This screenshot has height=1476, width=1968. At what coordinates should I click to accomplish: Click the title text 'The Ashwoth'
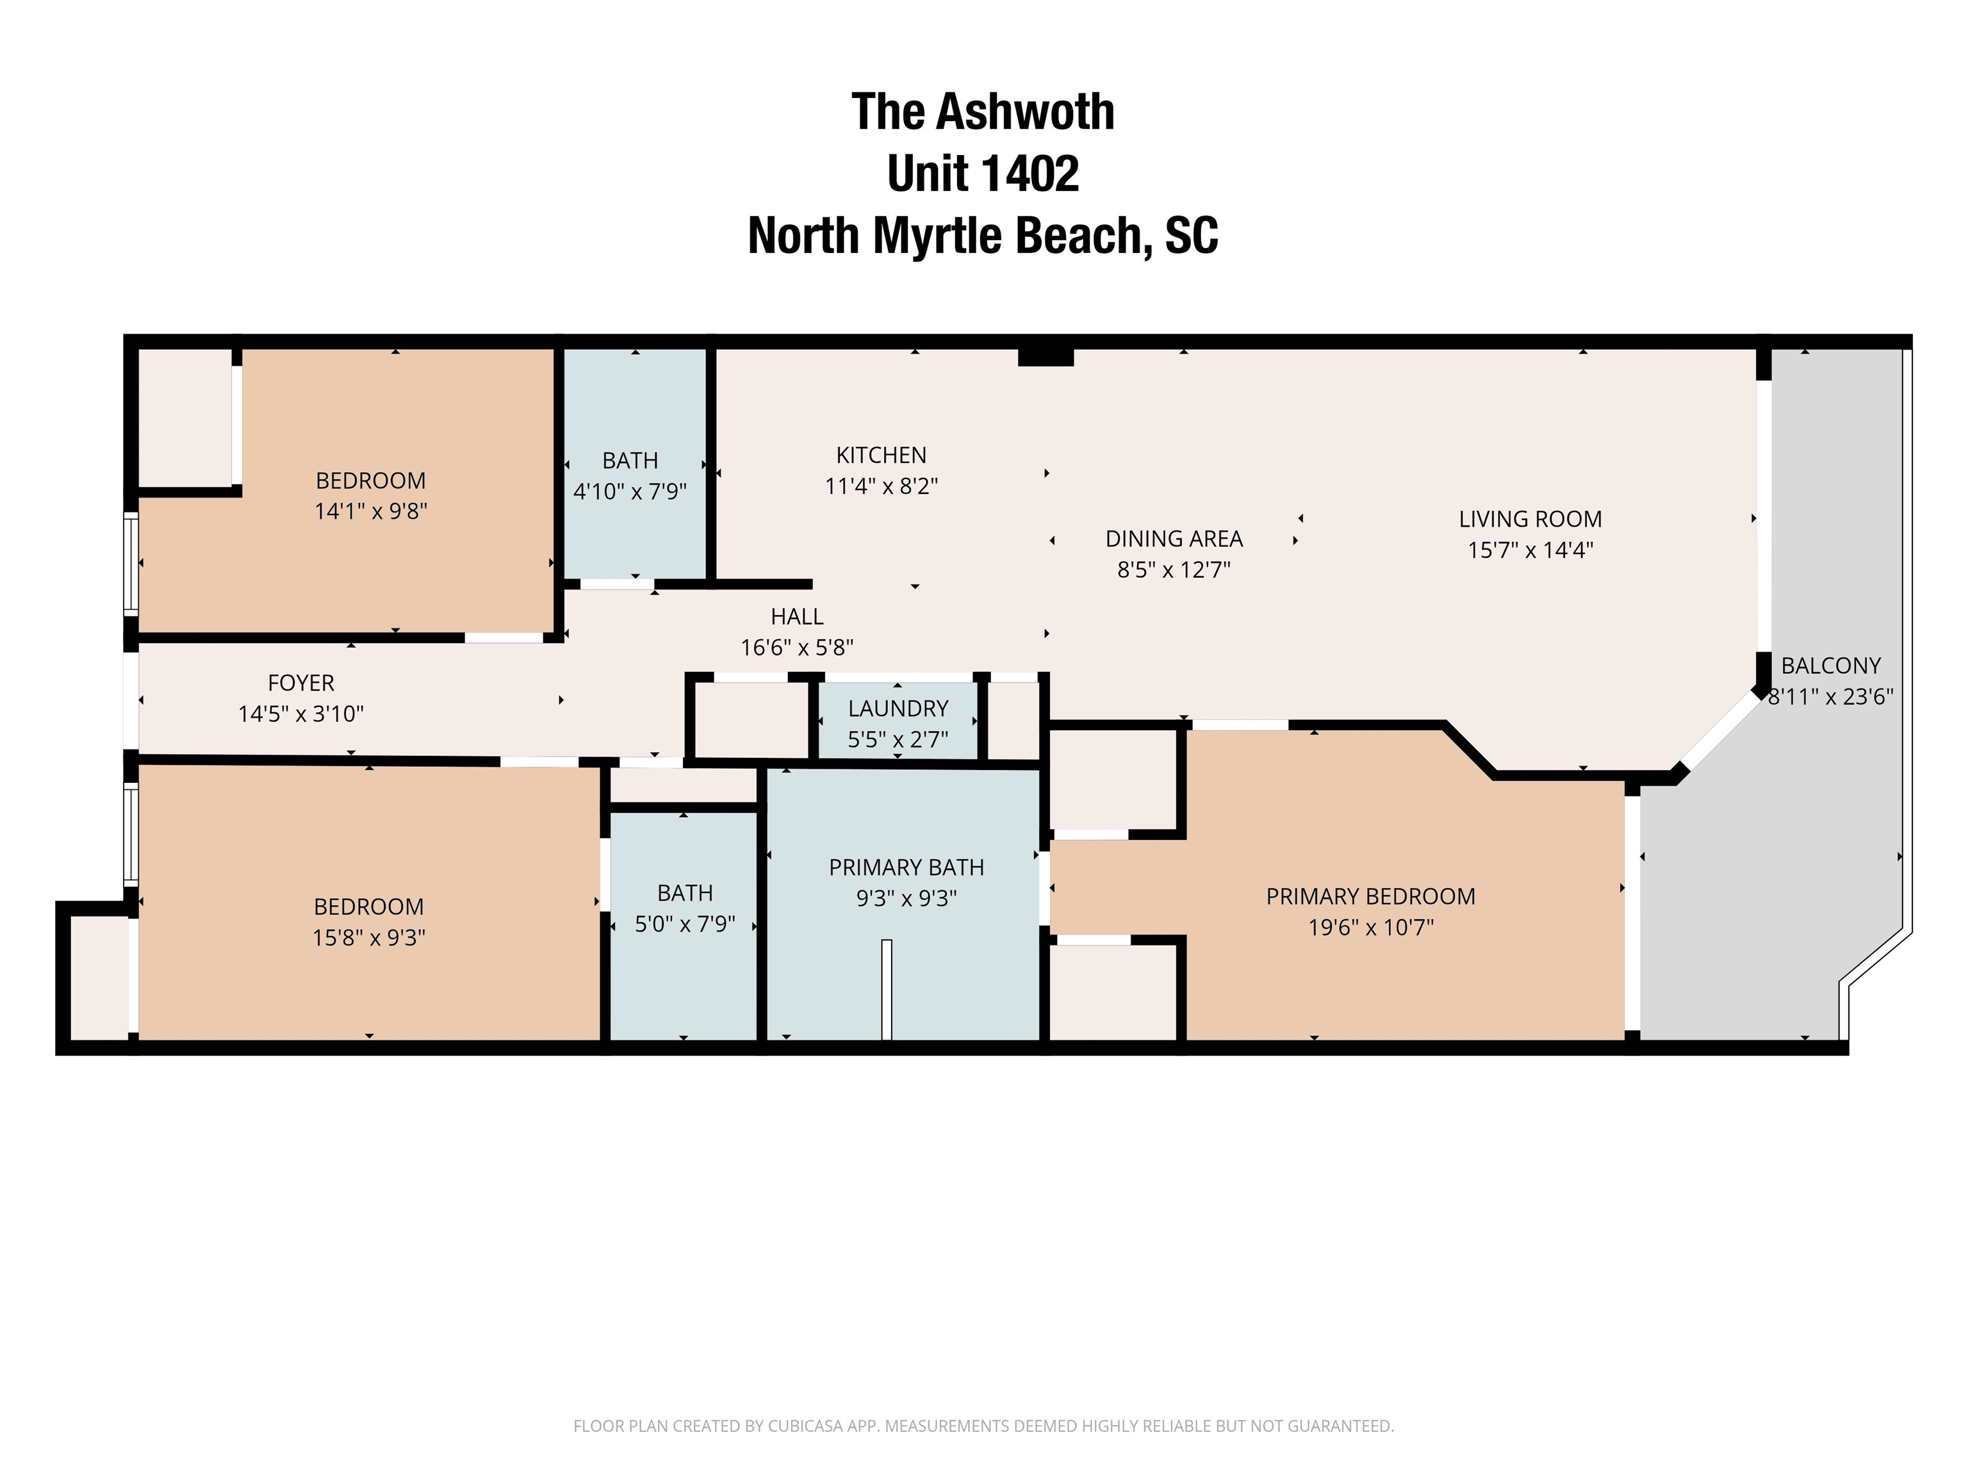click(x=983, y=112)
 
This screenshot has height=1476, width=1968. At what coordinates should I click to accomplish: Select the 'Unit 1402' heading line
click(x=983, y=174)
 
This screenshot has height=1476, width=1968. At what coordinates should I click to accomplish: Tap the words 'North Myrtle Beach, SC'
click(x=983, y=236)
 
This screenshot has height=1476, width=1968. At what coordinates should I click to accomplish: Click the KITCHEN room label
click(x=881, y=455)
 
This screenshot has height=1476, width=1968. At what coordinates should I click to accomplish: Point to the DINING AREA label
click(x=1174, y=539)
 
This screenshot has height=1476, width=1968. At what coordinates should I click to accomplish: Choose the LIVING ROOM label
click(x=1530, y=520)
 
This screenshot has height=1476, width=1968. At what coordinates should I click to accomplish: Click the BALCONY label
click(x=1831, y=666)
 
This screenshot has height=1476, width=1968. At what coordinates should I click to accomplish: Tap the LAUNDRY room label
click(x=898, y=709)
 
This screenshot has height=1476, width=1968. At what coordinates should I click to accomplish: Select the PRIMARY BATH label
click(x=906, y=867)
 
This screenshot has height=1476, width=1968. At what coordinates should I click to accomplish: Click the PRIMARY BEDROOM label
click(x=1371, y=897)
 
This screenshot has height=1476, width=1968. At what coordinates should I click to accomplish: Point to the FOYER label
click(x=300, y=684)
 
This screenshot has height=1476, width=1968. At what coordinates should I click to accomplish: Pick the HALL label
click(x=797, y=616)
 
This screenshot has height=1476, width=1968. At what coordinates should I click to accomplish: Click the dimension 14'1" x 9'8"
click(x=371, y=512)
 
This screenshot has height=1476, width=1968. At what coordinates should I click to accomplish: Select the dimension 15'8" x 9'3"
click(x=369, y=938)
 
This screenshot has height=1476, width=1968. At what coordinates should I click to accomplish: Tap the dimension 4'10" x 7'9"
click(x=630, y=491)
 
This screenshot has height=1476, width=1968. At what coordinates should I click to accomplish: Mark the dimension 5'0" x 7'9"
click(x=685, y=924)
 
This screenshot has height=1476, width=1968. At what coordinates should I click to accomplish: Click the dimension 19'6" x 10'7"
click(x=1371, y=928)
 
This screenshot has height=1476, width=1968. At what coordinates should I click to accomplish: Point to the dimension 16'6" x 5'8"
click(x=797, y=648)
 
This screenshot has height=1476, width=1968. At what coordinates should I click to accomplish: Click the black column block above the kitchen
click(x=1046, y=357)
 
